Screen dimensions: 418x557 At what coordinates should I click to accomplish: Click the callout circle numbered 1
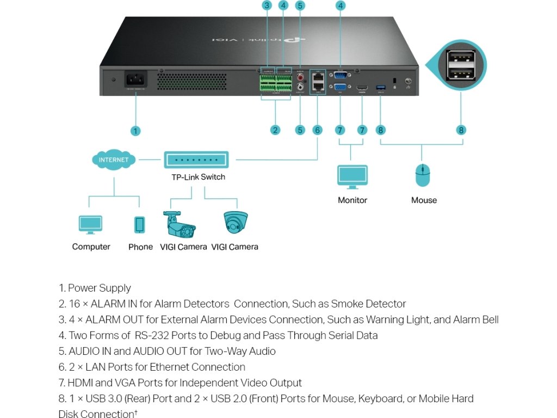(x=135, y=131)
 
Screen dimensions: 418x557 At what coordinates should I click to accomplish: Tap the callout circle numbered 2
(x=275, y=130)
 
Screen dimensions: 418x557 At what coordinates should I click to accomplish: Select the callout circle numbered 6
(x=318, y=130)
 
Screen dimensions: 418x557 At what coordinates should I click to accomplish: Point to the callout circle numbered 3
(x=266, y=6)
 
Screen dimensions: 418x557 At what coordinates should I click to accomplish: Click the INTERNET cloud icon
(x=114, y=160)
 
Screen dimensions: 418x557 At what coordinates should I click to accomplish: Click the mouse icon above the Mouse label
(x=423, y=176)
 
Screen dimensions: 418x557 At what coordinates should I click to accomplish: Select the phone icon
(x=140, y=225)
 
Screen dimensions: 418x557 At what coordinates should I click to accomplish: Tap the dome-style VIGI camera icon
(x=236, y=223)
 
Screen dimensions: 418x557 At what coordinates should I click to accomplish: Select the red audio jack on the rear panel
(x=300, y=77)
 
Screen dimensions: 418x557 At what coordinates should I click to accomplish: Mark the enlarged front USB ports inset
(x=461, y=66)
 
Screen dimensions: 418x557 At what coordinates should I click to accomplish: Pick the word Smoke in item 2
(x=348, y=304)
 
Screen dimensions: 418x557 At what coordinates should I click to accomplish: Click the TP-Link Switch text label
(x=198, y=177)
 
